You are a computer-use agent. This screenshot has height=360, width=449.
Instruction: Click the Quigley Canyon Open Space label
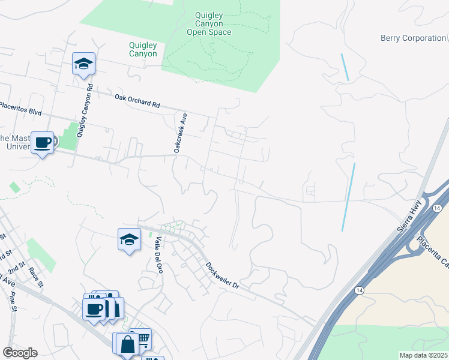coord(213,24)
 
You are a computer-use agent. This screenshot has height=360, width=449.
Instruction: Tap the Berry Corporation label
coord(414,38)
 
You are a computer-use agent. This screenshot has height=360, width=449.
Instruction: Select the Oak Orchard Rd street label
coord(137,100)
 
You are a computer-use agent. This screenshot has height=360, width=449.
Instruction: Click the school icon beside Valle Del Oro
coord(129,240)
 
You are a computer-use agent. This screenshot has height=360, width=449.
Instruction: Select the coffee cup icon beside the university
coord(42,143)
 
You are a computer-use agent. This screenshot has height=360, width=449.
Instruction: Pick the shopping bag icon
coord(128,344)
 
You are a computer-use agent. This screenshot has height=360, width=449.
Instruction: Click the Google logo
coord(20,353)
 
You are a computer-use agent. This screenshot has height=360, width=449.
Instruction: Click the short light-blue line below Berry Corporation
coord(345,67)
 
